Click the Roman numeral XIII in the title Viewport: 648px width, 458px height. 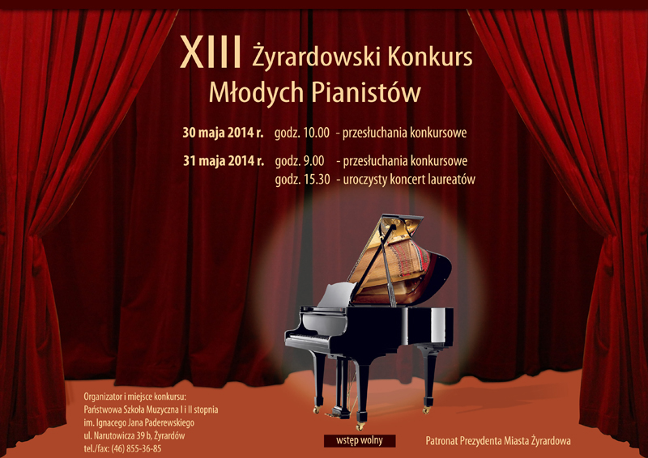click(x=211, y=53)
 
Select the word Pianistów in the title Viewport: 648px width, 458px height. click(x=366, y=92)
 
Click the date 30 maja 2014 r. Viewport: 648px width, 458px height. click(x=223, y=133)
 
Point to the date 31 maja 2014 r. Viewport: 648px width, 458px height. click(x=224, y=161)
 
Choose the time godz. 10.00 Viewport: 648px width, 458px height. click(x=302, y=133)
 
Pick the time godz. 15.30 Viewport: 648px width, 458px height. click(x=302, y=180)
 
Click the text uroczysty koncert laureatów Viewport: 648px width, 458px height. click(x=409, y=180)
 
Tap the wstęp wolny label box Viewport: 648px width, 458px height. click(x=360, y=441)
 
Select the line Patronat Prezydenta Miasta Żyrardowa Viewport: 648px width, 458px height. click(x=498, y=441)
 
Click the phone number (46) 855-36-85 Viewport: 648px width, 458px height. click(x=134, y=448)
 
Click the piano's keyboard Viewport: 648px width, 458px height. click(x=308, y=337)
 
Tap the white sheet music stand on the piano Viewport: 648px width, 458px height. click(x=336, y=295)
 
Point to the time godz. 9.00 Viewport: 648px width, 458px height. click(x=300, y=161)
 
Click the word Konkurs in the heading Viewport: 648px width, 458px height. click(x=430, y=56)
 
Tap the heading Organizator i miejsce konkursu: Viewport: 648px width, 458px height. click(x=135, y=397)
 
